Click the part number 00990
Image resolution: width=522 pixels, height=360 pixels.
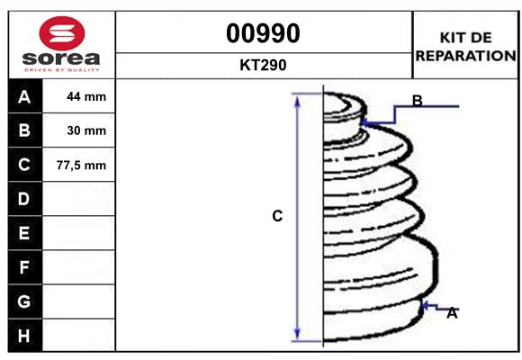[x=263, y=33]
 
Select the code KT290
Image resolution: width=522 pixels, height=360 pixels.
[x=263, y=65]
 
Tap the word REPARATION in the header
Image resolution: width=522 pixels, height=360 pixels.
[x=465, y=55]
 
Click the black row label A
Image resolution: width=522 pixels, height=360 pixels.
[x=23, y=97]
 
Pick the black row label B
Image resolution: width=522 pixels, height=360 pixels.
[x=23, y=130]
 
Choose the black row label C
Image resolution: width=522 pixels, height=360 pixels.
[x=23, y=165]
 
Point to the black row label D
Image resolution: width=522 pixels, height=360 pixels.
[x=23, y=198]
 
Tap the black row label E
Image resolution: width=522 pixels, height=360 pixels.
[x=23, y=233]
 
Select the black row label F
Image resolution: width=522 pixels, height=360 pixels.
[x=23, y=267]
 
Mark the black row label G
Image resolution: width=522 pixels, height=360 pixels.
[x=23, y=301]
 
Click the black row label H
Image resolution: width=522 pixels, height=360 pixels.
[x=23, y=336]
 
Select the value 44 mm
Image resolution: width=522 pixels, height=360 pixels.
[x=86, y=97]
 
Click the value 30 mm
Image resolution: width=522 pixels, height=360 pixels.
[x=86, y=130]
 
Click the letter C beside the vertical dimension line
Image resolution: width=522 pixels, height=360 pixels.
[x=277, y=216]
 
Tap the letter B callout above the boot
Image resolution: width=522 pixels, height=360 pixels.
[x=417, y=100]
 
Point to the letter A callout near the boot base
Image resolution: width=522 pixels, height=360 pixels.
[x=452, y=313]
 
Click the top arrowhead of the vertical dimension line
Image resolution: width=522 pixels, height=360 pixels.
[x=298, y=96]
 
